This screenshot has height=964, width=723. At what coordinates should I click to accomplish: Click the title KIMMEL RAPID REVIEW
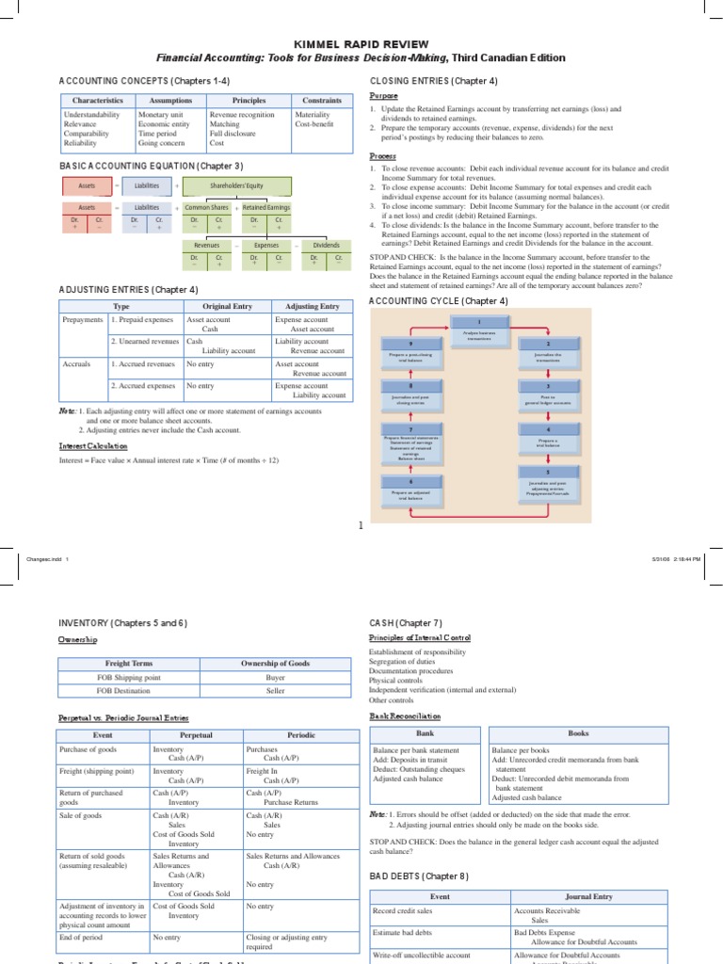point(362,42)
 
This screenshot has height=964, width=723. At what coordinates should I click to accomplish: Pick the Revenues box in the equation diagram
point(206,244)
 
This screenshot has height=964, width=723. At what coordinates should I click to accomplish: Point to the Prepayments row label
point(83,320)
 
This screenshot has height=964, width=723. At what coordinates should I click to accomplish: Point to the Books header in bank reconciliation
point(578,731)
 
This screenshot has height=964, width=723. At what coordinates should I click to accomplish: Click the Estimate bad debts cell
point(406,932)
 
